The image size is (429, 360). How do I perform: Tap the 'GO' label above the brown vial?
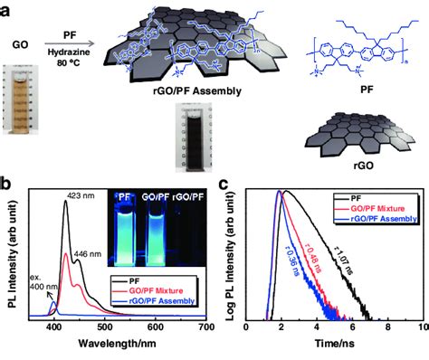tap(26, 43)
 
